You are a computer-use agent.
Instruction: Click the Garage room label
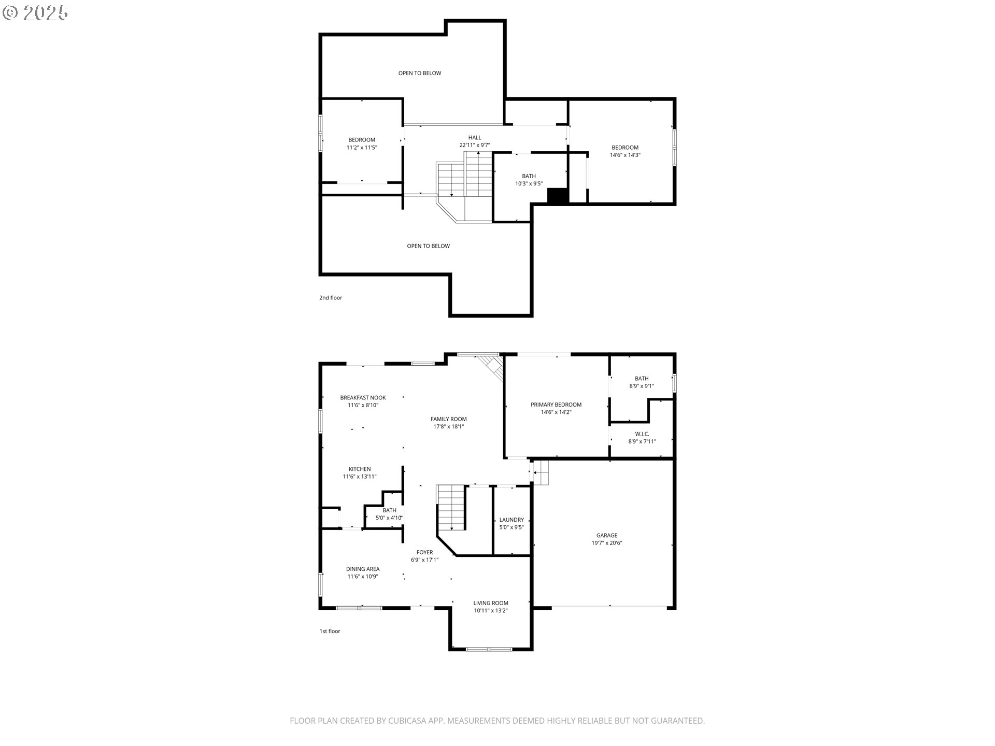pyautogui.click(x=607, y=535)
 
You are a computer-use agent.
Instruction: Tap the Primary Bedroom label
pyautogui.click(x=556, y=405)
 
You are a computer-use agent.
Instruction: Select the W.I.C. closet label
pyautogui.click(x=642, y=434)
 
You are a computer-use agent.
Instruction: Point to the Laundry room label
pyautogui.click(x=511, y=520)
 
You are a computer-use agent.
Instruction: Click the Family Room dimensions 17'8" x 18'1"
pyautogui.click(x=449, y=427)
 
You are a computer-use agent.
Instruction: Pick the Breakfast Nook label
pyautogui.click(x=363, y=398)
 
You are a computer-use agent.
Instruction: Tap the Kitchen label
pyautogui.click(x=360, y=469)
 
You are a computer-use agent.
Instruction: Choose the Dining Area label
pyautogui.click(x=363, y=569)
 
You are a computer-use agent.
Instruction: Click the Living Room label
pyautogui.click(x=491, y=603)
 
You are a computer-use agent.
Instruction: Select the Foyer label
pyautogui.click(x=425, y=552)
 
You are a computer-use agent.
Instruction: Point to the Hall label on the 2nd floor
pyautogui.click(x=475, y=138)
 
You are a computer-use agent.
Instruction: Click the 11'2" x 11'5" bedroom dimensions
pyautogui.click(x=362, y=148)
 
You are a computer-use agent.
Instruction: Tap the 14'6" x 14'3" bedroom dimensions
pyautogui.click(x=625, y=155)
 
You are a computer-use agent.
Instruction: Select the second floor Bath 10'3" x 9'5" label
pyautogui.click(x=529, y=180)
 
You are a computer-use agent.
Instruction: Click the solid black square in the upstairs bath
pyautogui.click(x=558, y=196)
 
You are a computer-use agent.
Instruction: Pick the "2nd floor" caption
pyautogui.click(x=331, y=298)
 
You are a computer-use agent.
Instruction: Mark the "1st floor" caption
pyautogui.click(x=330, y=631)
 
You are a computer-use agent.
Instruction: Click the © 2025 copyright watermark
pyautogui.click(x=35, y=13)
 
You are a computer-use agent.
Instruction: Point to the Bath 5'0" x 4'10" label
pyautogui.click(x=389, y=514)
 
